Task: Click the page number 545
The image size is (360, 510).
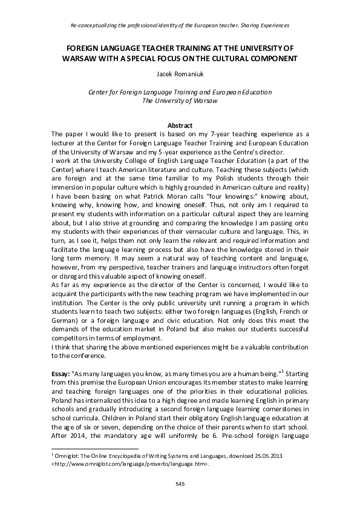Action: point(180,483)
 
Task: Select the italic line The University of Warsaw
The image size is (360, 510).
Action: point(180,101)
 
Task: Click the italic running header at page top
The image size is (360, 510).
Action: point(180,25)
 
